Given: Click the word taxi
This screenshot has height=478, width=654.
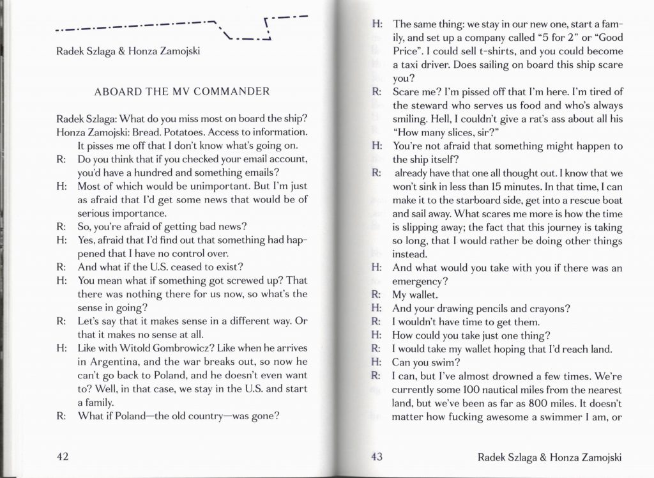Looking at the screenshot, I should pyautogui.click(x=407, y=65).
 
